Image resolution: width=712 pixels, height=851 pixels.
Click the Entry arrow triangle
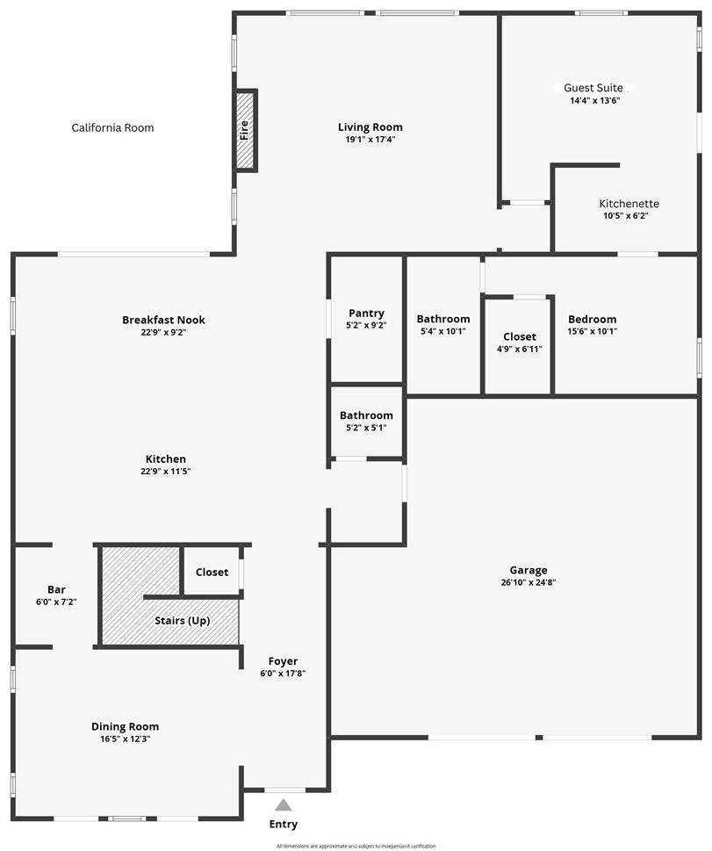click(283, 804)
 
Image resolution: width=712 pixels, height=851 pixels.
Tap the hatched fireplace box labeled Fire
click(245, 130)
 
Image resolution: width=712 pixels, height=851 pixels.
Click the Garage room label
click(529, 570)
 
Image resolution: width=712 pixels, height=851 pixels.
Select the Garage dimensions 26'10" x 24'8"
click(529, 582)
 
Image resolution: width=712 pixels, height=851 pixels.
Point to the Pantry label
click(366, 314)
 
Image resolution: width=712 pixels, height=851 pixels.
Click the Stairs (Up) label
click(183, 621)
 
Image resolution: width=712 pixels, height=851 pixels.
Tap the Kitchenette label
click(629, 204)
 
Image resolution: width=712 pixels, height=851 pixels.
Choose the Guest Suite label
click(593, 88)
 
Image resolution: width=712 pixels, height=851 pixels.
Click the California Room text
click(112, 128)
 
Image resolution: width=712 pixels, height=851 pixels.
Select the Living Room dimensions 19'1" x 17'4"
click(370, 140)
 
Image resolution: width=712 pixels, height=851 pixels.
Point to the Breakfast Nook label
click(164, 320)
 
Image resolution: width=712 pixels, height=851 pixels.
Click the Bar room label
click(56, 589)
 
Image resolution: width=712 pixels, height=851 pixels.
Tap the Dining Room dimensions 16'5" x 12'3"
click(126, 739)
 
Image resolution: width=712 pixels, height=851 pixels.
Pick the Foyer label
click(283, 661)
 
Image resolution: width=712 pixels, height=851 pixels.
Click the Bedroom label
click(592, 320)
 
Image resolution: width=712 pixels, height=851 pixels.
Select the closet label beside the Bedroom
click(520, 337)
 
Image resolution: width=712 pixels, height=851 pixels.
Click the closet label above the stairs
click(212, 572)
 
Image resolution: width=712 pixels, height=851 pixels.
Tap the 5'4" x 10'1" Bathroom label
click(443, 320)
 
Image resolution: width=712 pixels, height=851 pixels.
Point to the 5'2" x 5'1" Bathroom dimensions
click(366, 428)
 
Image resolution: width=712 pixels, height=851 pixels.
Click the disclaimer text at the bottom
click(356, 846)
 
